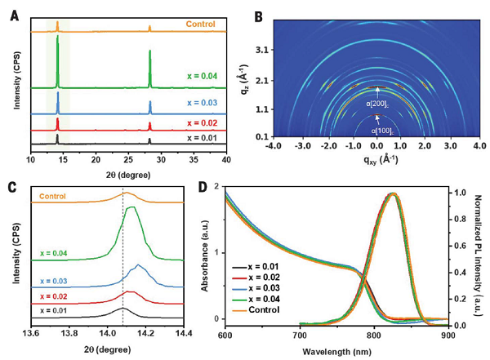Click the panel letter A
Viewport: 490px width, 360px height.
(14, 15)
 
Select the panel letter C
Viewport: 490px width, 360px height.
(14, 186)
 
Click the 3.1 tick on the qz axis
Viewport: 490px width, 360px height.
(285, 50)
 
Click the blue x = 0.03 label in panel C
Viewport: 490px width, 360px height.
(56, 281)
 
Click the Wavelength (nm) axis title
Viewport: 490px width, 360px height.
(374, 349)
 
